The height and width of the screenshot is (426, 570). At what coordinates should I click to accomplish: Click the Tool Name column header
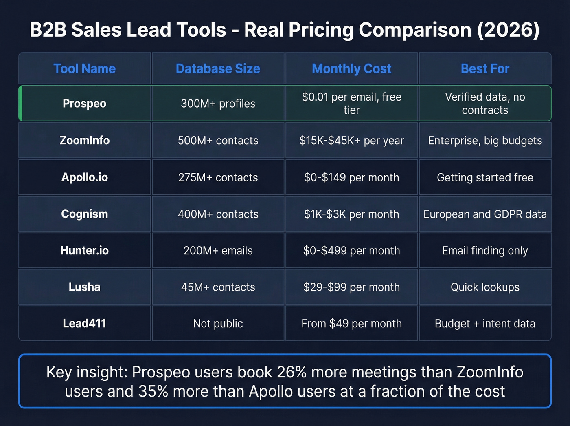click(84, 68)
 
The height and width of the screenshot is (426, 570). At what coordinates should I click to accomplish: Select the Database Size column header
click(218, 68)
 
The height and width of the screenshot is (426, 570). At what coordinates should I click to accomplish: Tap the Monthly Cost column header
click(351, 68)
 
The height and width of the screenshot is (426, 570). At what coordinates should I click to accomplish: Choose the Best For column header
click(485, 68)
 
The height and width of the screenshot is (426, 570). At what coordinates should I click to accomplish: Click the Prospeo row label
click(84, 104)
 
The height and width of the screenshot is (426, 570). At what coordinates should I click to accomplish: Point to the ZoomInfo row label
click(84, 141)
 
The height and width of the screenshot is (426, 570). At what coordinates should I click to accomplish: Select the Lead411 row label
click(84, 324)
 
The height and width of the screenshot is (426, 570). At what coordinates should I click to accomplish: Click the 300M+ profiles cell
click(218, 104)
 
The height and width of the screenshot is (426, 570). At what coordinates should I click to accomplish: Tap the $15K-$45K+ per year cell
click(351, 141)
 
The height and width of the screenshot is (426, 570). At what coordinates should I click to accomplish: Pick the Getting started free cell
click(485, 178)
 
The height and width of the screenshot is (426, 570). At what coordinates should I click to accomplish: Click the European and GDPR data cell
click(485, 214)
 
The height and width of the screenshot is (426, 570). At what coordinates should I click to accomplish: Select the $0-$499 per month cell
click(351, 251)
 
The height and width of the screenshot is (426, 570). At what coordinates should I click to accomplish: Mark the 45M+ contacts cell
click(218, 287)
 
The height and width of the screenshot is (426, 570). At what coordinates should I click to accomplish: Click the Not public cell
click(218, 324)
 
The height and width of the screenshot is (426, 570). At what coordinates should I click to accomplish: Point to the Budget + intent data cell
click(485, 324)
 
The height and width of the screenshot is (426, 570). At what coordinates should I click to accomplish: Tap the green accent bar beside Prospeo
click(20, 104)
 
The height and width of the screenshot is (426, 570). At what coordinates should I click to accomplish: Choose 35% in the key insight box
click(153, 391)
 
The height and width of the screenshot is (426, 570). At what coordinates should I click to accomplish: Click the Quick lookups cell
click(485, 287)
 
